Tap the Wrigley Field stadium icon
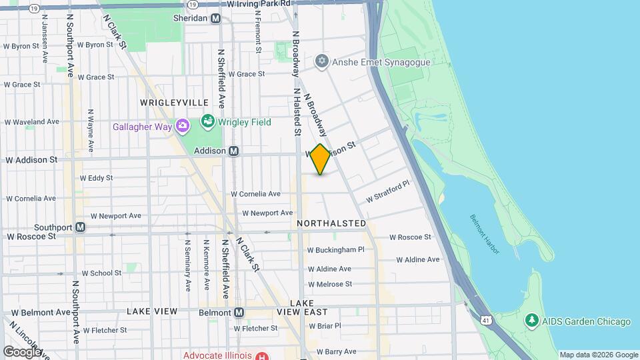[207, 122]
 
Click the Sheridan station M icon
[215, 19]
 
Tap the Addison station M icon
[234, 151]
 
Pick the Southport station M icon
[80, 227]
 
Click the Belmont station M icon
[239, 312]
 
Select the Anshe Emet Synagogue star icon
[322, 62]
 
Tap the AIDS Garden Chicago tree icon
[531, 321]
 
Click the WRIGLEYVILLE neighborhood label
[174, 103]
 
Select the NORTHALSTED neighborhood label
[332, 223]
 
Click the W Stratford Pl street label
[387, 193]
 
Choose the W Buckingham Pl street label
[336, 250]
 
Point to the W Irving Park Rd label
[259, 3]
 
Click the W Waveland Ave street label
[32, 122]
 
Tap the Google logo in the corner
[22, 351]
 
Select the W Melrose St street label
[329, 284]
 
